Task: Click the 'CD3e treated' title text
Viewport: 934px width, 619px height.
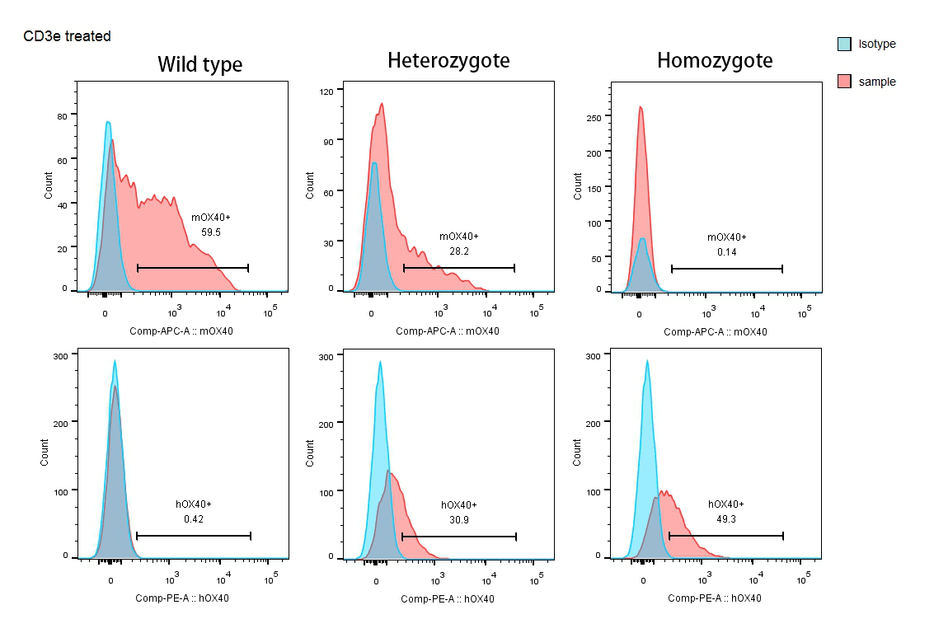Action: [67, 36]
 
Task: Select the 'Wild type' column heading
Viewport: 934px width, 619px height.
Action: [199, 64]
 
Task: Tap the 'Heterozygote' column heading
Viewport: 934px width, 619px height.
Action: [448, 60]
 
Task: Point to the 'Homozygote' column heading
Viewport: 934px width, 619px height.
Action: [715, 60]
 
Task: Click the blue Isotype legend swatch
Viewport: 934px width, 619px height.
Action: [844, 44]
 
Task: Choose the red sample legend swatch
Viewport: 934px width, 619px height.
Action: [844, 82]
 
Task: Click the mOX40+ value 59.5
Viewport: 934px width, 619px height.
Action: [211, 232]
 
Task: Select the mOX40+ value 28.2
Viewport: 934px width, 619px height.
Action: [458, 251]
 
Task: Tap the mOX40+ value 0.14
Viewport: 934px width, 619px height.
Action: [726, 251]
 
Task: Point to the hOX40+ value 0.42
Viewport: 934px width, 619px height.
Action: [194, 519]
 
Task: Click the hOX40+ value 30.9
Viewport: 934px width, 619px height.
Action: [458, 519]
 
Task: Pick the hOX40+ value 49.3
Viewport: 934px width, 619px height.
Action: [726, 519]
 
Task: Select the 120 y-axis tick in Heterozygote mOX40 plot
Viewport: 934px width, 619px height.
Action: [326, 91]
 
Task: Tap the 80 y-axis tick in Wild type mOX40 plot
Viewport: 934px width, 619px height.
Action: [62, 116]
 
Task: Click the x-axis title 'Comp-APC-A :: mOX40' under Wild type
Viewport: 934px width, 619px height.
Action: [181, 331]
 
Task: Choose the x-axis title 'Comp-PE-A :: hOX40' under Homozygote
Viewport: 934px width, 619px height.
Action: [714, 598]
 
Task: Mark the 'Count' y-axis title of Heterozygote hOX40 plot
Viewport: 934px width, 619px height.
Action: [311, 453]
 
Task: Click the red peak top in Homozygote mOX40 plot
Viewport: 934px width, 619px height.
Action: [640, 107]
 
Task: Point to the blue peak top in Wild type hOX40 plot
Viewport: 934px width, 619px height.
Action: [115, 361]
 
